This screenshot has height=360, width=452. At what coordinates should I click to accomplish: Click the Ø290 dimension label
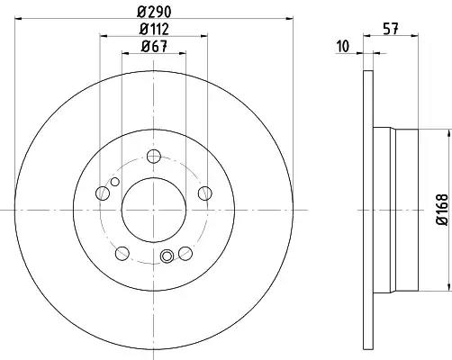pos(154,12)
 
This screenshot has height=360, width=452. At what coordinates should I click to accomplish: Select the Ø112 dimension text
pos(154,29)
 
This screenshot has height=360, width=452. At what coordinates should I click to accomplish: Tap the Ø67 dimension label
pos(154,47)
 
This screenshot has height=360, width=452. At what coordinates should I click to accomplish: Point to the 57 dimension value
pos(391,29)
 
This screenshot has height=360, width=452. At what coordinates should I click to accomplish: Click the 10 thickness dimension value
pos(343,47)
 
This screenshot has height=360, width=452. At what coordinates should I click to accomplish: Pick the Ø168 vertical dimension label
pos(442,210)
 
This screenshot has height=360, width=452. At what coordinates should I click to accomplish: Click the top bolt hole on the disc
pos(154,157)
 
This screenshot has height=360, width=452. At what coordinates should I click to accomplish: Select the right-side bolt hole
pos(205,193)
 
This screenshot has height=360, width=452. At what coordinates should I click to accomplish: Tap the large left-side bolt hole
pos(103,193)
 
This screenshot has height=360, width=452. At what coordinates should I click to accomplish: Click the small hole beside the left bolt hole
pos(115,182)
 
